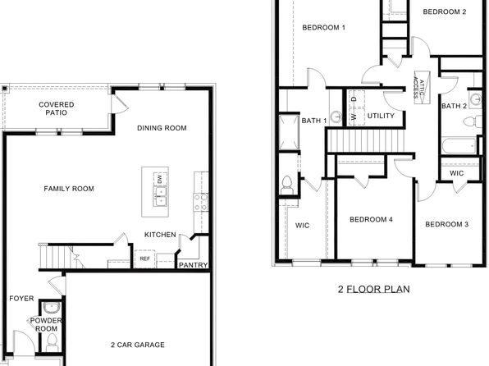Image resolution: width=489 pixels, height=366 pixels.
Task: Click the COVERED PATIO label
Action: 57,108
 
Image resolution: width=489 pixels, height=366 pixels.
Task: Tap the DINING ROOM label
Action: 162,128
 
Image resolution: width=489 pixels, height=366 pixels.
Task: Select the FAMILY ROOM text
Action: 69,189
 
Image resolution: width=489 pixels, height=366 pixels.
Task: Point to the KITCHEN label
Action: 160,235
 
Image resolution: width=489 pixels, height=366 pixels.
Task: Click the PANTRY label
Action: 193,265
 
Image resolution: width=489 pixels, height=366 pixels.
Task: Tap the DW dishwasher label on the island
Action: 159,178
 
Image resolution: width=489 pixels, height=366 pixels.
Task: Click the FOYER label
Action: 21,298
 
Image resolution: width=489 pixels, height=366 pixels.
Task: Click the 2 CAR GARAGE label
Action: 137,345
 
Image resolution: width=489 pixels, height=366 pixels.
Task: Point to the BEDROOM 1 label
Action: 323,28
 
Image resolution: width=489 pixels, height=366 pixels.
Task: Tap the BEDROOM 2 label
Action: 444,12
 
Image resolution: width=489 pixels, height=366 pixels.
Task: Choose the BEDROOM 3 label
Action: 446,224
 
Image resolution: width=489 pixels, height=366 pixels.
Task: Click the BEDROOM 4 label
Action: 371,219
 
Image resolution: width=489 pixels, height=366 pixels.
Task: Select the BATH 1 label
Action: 314,121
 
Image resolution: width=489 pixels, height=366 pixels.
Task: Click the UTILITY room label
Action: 381,116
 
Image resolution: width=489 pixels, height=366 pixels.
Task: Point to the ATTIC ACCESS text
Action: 418,82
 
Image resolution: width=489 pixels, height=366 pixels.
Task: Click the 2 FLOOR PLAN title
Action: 373,289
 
